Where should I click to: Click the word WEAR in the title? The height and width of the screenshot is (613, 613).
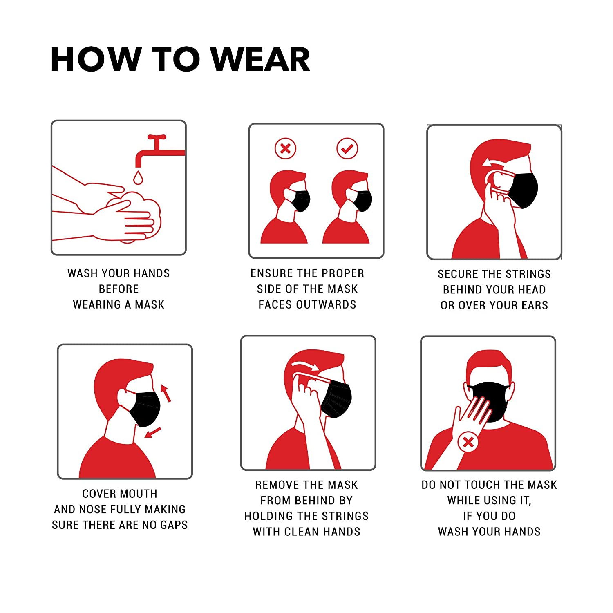(260, 60)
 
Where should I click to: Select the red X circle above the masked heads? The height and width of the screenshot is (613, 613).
(285, 148)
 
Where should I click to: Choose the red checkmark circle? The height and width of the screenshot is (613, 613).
(347, 148)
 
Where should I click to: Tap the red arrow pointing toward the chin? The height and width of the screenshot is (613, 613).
(153, 432)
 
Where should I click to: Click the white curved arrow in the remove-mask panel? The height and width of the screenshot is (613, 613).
(306, 365)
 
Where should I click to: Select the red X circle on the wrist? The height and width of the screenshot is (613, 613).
(468, 442)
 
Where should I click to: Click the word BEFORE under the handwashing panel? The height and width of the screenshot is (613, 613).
(119, 289)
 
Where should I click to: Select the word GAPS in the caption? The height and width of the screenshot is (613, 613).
(173, 525)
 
